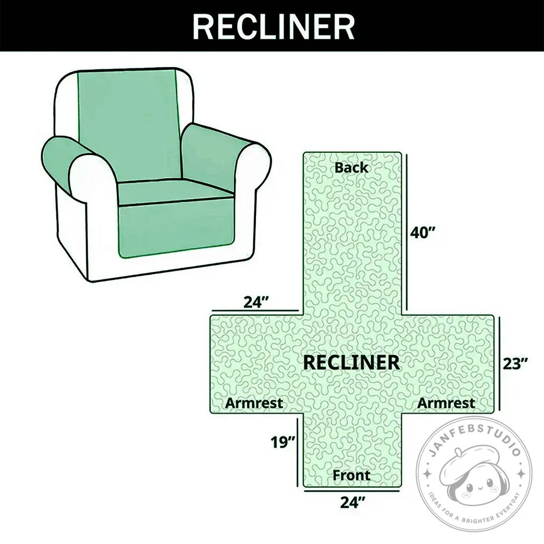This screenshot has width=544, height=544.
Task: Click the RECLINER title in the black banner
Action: pyautogui.click(x=274, y=27)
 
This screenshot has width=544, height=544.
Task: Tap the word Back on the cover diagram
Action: pyautogui.click(x=351, y=168)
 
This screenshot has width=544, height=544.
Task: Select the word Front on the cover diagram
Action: pyautogui.click(x=352, y=475)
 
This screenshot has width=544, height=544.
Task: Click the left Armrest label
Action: pyautogui.click(x=254, y=403)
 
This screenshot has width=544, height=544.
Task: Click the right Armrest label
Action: pyautogui.click(x=446, y=403)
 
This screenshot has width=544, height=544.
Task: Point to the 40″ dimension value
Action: pyautogui.click(x=423, y=232)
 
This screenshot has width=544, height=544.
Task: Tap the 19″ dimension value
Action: pyautogui.click(x=283, y=442)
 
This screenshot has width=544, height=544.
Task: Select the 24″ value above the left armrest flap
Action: pyautogui.click(x=256, y=302)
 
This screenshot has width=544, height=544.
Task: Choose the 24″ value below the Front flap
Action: pyautogui.click(x=353, y=502)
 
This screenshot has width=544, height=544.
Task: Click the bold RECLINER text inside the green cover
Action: pyautogui.click(x=352, y=363)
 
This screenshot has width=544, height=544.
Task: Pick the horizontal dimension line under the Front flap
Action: pyautogui.click(x=352, y=491)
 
